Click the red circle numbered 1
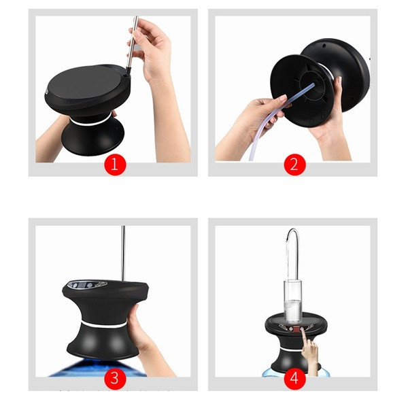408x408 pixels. click(x=115, y=165)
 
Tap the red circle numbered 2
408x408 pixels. click(x=294, y=165)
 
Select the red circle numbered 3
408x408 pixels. click(x=115, y=379)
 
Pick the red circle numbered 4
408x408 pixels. click(x=294, y=379)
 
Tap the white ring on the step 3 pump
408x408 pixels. click(x=103, y=325)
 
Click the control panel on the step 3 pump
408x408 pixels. click(x=88, y=284)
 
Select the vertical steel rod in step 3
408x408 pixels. click(x=123, y=253)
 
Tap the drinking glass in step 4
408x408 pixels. click(x=293, y=301)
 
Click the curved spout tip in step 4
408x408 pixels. click(x=287, y=239)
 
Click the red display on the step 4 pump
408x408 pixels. click(x=295, y=329)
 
